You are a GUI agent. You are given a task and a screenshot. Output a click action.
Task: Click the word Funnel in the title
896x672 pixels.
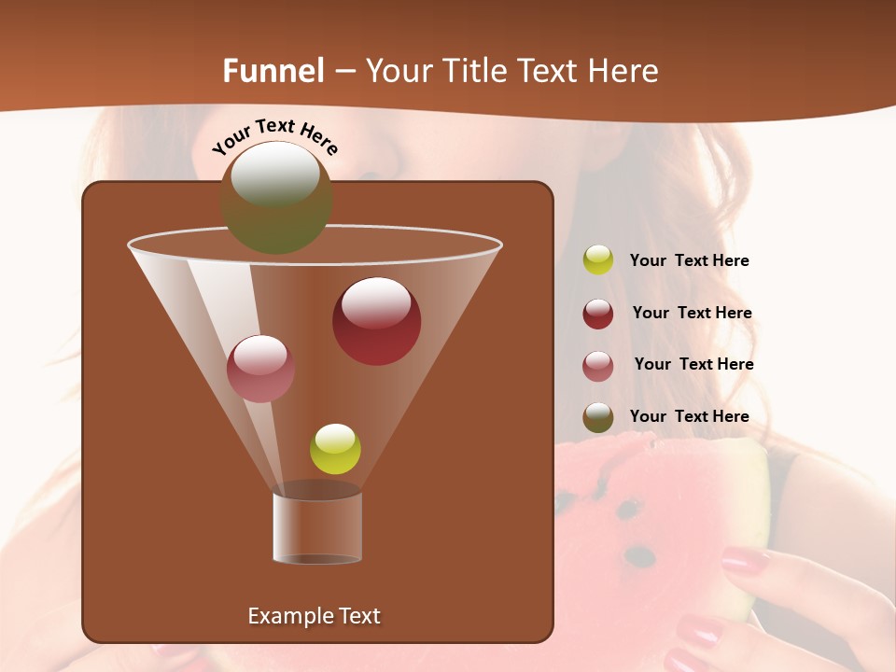click(x=273, y=71)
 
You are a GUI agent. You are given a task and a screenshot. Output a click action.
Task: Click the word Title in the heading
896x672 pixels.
click(x=475, y=71)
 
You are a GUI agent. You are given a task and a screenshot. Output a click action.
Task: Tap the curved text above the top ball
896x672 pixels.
click(x=275, y=136)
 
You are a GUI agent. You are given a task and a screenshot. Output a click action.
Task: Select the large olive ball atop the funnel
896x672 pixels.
click(x=276, y=198)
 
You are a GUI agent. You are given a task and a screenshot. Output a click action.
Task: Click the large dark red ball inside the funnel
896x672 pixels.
click(x=376, y=321)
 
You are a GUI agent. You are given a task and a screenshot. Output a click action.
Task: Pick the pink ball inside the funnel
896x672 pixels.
click(x=260, y=369)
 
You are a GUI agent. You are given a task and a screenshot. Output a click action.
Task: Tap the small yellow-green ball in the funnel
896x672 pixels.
click(x=335, y=449)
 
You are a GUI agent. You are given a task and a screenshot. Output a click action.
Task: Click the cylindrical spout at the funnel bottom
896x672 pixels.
click(x=317, y=527)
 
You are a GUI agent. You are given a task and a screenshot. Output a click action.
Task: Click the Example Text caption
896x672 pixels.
click(x=314, y=616)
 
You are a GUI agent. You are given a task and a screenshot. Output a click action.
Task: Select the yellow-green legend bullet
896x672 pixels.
click(x=598, y=260)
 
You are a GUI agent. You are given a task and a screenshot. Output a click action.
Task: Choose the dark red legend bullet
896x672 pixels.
click(x=598, y=314)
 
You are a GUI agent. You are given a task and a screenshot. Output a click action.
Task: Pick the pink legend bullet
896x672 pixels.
click(x=598, y=366)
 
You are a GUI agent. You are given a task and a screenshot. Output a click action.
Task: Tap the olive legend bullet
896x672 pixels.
click(x=598, y=418)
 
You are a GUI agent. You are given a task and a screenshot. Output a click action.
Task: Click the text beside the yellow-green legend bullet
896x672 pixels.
click(x=689, y=261)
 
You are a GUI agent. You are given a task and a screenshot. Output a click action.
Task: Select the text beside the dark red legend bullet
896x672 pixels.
click(x=692, y=314)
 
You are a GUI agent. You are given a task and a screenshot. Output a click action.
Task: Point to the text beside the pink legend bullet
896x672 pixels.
click(x=693, y=365)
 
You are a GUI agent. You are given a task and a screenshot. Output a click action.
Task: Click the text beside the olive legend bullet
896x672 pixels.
click(x=689, y=417)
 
